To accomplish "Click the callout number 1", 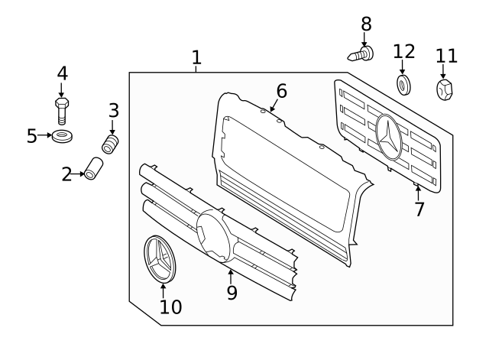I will [196, 57].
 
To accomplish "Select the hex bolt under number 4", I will [62, 110].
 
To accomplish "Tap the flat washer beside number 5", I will [61, 137].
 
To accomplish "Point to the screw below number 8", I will [362, 54].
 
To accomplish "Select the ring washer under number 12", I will [403, 83].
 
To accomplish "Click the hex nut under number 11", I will [445, 90].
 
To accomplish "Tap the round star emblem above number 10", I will [161, 258].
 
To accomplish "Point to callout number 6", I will [281, 92].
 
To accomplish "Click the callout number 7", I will [419, 209].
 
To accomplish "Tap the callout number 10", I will [170, 306].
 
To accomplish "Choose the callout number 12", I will [404, 51].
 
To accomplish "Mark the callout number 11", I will [446, 56].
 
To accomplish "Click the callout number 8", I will [365, 24].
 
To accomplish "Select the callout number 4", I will [62, 73].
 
